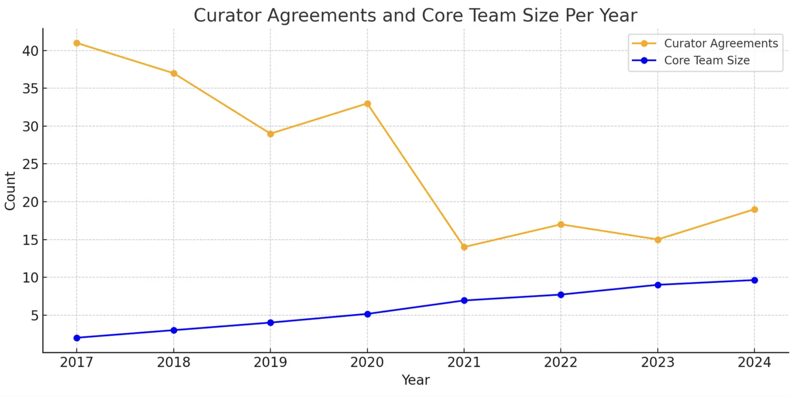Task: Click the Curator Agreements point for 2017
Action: (x=77, y=43)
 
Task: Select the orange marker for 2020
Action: (x=367, y=104)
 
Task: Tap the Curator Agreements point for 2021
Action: (x=464, y=247)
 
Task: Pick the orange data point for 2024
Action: (x=755, y=209)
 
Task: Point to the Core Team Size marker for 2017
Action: (x=77, y=338)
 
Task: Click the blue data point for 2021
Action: (x=464, y=300)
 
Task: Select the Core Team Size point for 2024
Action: (x=755, y=280)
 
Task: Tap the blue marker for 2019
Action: (x=270, y=323)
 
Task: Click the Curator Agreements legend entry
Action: (x=721, y=43)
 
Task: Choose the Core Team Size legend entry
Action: (x=707, y=60)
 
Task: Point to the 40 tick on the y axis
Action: (x=30, y=51)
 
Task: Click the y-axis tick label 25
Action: (x=30, y=164)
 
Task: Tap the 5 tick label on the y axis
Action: (x=34, y=316)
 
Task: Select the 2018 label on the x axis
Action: (x=174, y=362)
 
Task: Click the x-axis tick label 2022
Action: (x=561, y=362)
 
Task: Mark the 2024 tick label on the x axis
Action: (x=755, y=362)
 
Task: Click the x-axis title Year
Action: (x=415, y=380)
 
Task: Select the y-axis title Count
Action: (x=10, y=191)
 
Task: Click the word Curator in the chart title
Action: (x=228, y=15)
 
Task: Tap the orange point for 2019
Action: (x=270, y=134)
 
